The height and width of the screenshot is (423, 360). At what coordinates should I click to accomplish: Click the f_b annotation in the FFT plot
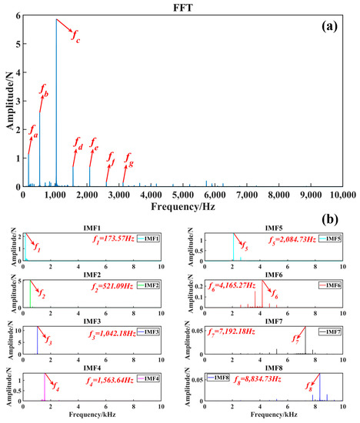(44, 93)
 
